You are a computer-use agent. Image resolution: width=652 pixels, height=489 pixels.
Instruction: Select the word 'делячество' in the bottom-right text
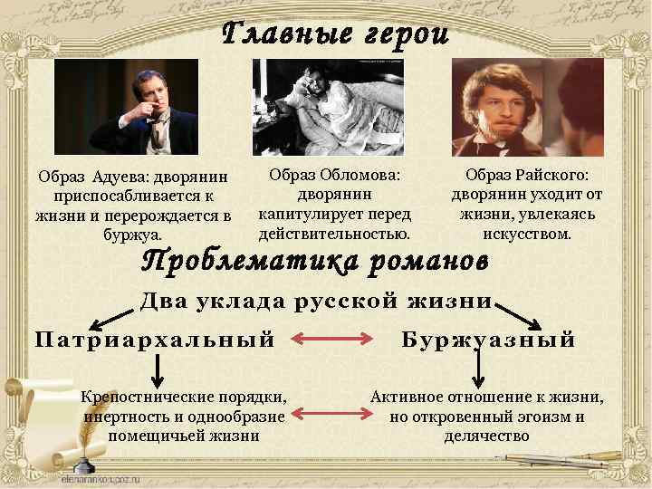[x=486, y=436]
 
